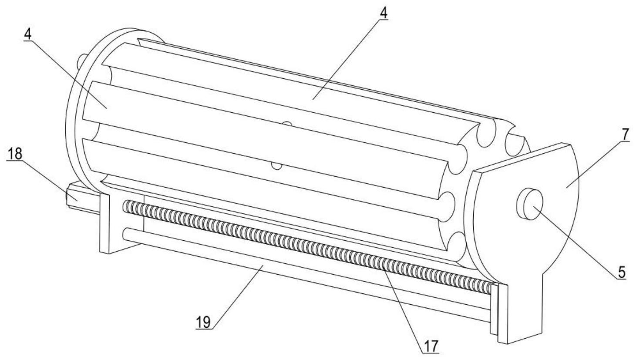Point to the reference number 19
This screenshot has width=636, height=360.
[x=203, y=323]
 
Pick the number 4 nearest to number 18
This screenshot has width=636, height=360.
[x=28, y=35]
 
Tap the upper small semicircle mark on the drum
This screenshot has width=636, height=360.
[x=286, y=125]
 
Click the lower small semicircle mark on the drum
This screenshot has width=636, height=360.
[x=276, y=165]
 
